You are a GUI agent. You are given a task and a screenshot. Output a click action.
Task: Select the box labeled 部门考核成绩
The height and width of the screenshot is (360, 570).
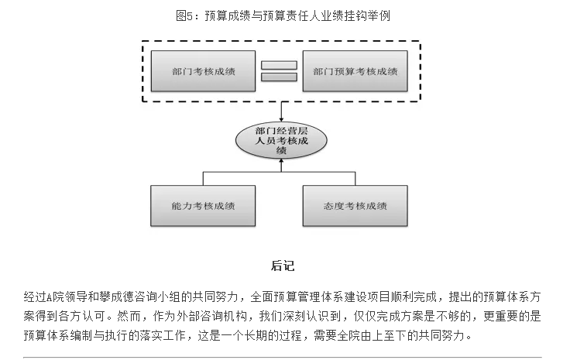pos(203,71)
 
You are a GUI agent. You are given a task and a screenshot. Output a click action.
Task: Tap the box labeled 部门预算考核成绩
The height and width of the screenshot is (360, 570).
pos(355,71)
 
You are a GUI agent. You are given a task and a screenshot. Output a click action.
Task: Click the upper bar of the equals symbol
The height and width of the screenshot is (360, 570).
pos(279,64)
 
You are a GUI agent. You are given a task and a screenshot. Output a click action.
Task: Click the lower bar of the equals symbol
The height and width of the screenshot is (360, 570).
pos(279,77)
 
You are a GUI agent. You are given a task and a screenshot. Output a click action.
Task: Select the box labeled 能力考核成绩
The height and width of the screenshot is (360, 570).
pos(203,207)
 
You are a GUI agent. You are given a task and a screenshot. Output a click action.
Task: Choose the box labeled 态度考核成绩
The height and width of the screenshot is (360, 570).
pos(355,207)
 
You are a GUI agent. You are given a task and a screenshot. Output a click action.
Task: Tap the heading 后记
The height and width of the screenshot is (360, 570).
pos(282,266)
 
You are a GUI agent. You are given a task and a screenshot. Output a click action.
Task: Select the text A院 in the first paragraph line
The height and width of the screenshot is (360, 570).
pos(53,297)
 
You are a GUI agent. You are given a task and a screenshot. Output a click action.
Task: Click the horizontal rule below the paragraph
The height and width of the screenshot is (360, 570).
pos(285,357)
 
